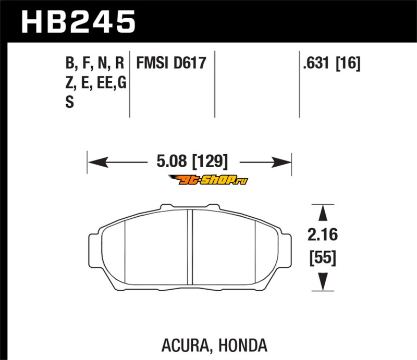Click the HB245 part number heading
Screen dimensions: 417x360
[x=78, y=21]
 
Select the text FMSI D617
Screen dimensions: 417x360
[x=171, y=63]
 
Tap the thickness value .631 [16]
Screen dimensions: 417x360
[x=332, y=63]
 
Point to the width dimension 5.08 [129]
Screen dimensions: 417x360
[x=192, y=161]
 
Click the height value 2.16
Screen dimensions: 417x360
[x=323, y=234]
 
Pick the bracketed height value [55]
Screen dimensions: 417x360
[x=323, y=258]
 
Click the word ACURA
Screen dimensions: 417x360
[x=186, y=345]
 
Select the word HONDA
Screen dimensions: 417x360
[x=243, y=345]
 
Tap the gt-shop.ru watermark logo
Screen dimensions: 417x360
[x=208, y=180]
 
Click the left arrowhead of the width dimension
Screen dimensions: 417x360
[x=98, y=162]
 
